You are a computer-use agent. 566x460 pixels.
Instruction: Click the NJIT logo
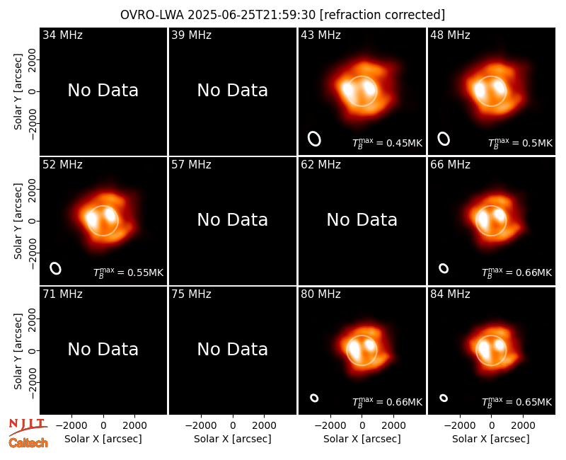(x=28, y=426)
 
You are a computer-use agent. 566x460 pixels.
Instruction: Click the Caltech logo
(x=28, y=443)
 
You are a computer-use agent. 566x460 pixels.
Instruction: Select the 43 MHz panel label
(x=320, y=35)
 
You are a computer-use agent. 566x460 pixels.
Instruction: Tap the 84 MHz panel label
(x=450, y=294)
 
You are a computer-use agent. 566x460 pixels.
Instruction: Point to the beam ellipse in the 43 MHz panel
(x=314, y=139)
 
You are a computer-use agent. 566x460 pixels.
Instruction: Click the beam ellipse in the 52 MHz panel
(x=56, y=268)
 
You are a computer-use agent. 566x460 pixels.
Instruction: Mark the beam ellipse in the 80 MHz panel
(x=314, y=398)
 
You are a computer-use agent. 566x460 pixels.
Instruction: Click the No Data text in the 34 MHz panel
(x=103, y=91)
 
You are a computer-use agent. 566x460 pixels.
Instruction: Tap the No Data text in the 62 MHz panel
(x=362, y=219)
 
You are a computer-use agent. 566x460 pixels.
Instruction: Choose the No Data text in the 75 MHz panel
(x=233, y=349)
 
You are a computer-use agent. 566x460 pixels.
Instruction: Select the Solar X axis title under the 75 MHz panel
(x=233, y=439)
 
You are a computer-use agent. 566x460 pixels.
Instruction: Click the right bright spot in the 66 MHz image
(x=499, y=214)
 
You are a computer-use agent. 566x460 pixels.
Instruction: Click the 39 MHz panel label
(x=191, y=35)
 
